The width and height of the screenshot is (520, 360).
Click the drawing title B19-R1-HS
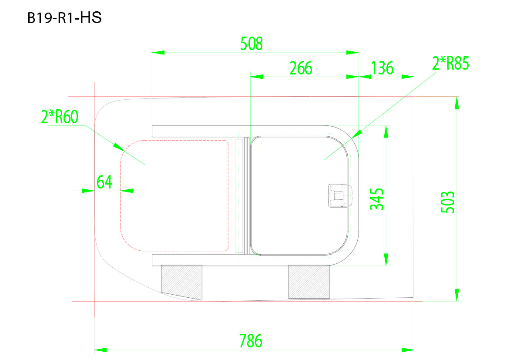coord(64,19)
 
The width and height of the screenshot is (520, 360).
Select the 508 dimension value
coord(252,44)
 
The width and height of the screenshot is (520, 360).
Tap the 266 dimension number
coord(301,68)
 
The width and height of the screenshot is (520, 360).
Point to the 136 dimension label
coord(382,68)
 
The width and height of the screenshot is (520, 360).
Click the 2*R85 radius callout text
coord(450,64)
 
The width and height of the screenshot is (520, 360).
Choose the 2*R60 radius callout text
coord(59,117)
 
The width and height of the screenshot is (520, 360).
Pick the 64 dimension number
coord(104,182)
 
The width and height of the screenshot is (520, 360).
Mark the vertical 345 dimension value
coord(377,199)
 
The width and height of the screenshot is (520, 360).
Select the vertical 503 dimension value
coord(448,202)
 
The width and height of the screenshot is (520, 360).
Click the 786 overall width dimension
coord(251,340)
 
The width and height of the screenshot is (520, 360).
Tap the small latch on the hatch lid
coord(340,195)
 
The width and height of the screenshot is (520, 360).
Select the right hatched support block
coord(309,281)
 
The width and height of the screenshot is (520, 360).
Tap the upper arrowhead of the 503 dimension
coord(456,103)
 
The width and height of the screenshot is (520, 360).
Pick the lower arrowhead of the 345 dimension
coord(385,260)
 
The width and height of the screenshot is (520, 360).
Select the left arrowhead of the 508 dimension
coord(158,52)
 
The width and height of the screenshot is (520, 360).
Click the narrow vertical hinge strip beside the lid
coord(239,196)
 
